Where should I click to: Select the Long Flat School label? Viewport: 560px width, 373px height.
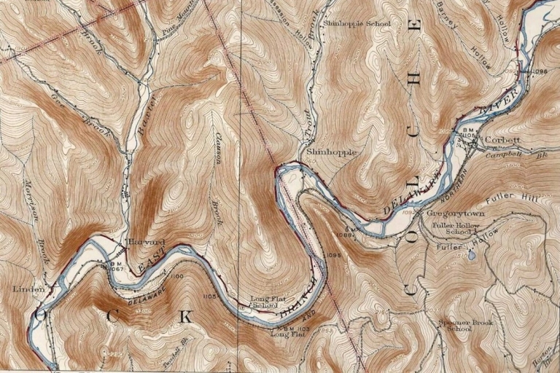tap(264, 302)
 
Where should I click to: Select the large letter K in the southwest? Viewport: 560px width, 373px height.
tap(186, 317)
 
